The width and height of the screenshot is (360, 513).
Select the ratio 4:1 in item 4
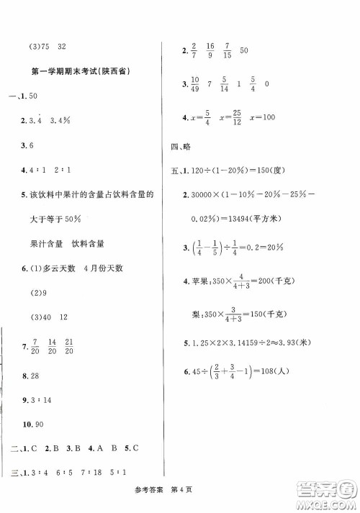coord(37,173)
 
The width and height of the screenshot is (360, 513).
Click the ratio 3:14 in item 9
coord(44,401)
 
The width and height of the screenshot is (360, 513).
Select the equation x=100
coord(264,120)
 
